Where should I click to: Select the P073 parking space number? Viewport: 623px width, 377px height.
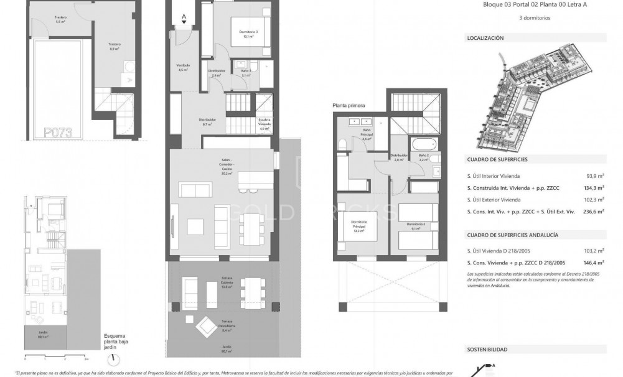[59, 132]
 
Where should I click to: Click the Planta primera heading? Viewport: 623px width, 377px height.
[349, 106]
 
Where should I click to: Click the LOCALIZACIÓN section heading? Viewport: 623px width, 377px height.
[485, 38]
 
